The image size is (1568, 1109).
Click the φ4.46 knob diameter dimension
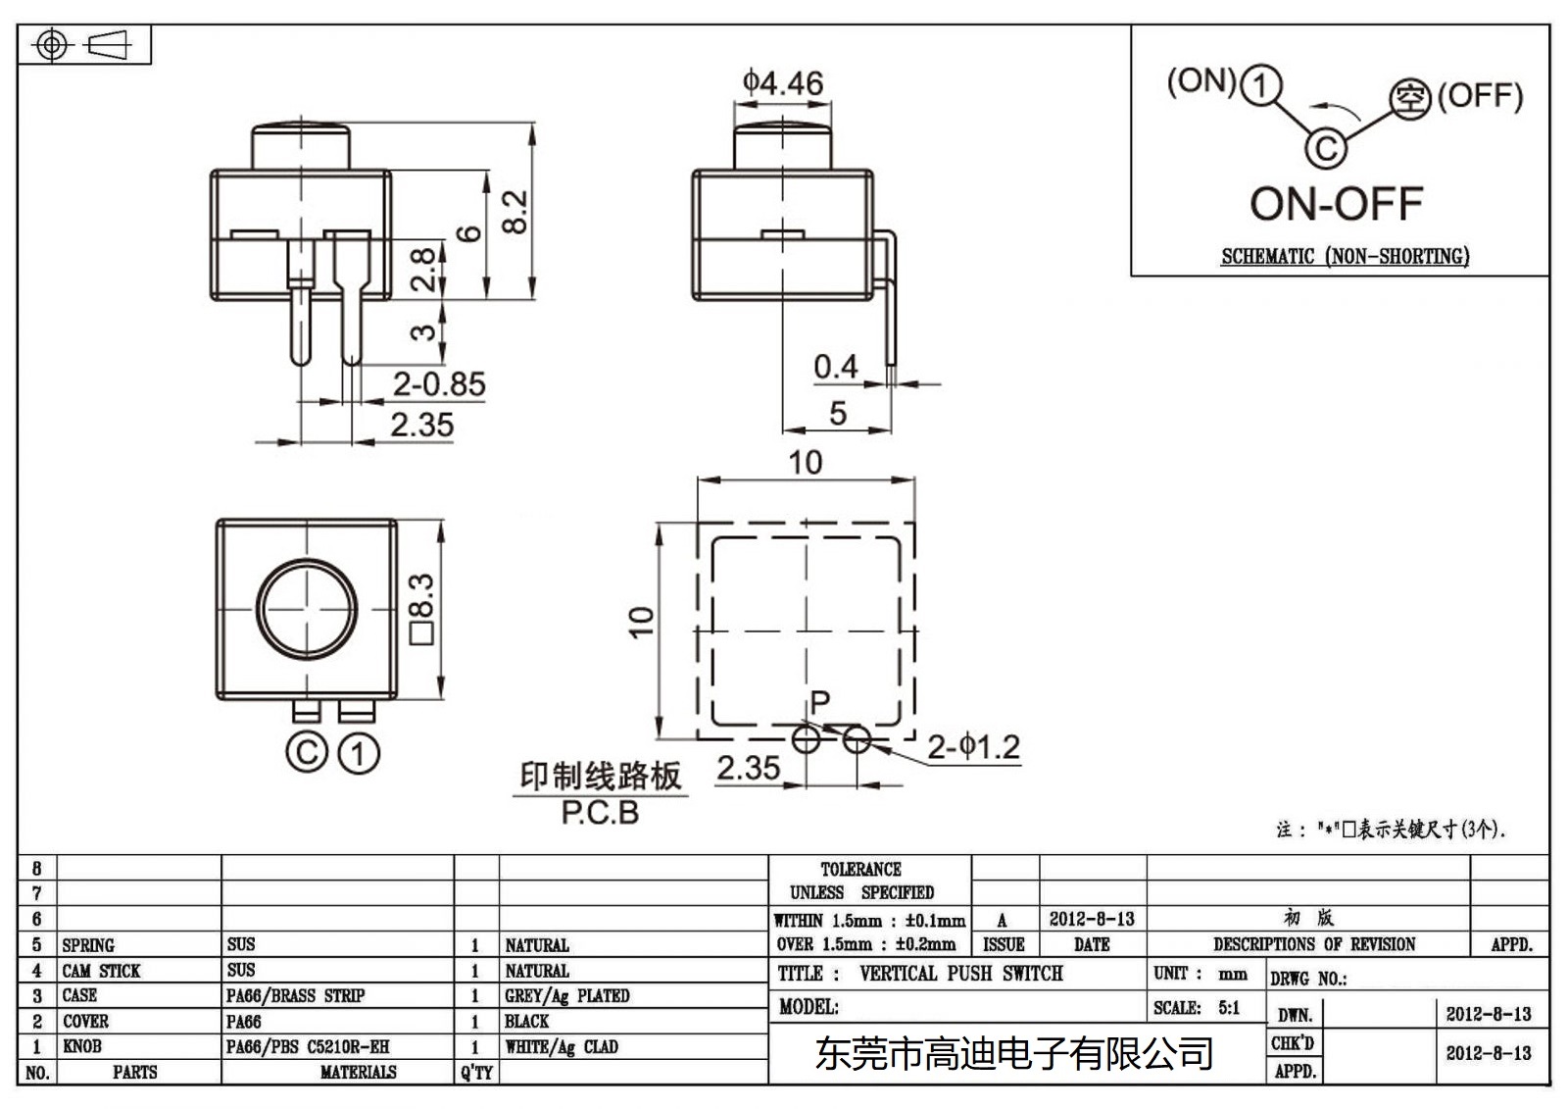coord(782,82)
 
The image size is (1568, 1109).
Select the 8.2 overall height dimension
coord(515,211)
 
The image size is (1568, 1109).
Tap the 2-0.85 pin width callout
coord(438,384)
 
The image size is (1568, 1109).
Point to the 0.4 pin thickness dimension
coord(835,367)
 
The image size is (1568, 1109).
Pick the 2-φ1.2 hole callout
coord(973,748)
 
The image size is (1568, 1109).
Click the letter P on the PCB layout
coord(820,702)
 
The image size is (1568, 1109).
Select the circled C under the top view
coord(306,753)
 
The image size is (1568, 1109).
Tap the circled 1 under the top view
coord(359,754)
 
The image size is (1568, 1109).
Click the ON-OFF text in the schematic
coord(1336,205)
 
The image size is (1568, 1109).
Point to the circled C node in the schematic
coord(1325,148)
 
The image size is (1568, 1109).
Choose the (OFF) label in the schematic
coord(1480,96)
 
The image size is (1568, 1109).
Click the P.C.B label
coord(600,813)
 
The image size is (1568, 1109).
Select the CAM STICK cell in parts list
coord(101,971)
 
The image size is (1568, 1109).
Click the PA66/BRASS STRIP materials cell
coord(295,996)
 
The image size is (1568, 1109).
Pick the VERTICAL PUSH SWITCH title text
coord(960,974)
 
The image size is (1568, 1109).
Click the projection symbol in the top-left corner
coord(83,45)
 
